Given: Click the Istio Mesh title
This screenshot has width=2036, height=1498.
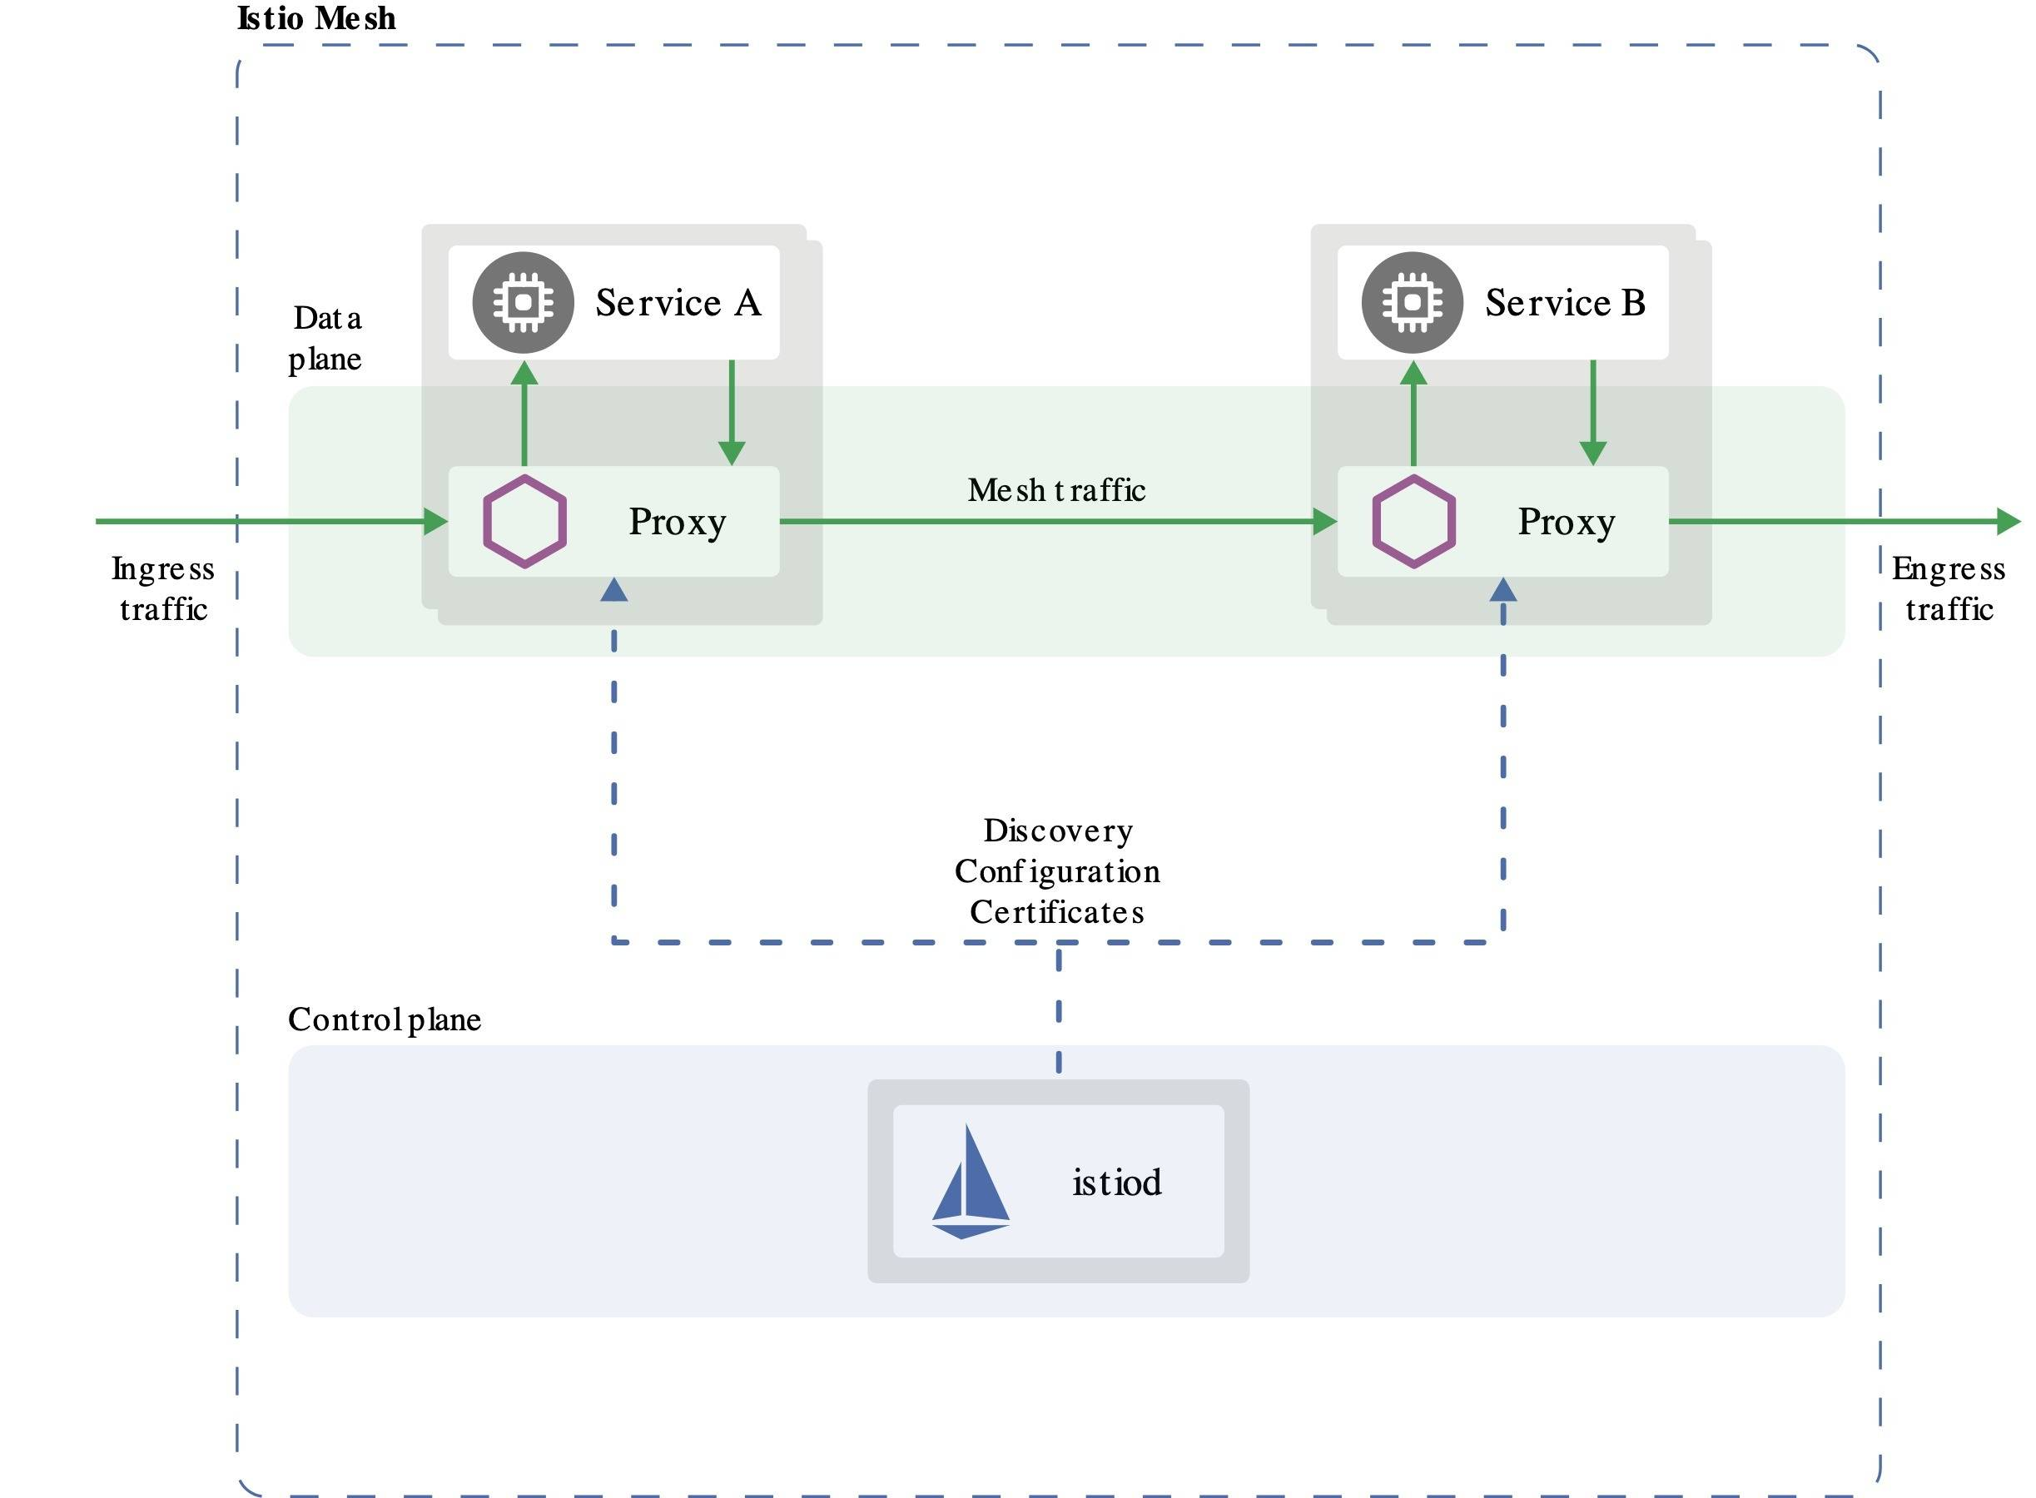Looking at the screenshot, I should coord(315,18).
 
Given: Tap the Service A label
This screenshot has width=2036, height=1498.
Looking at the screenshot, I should coord(678,303).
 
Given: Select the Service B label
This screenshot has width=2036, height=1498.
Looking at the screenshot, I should coord(1564,303).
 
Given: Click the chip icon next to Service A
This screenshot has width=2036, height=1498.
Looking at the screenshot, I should coord(524,303).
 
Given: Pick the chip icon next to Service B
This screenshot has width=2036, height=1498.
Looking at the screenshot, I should coord(1412,303).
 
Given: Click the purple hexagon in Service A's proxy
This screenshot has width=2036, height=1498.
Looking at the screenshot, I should coord(524,522).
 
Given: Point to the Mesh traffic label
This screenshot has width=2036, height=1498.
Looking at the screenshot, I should coord(1056,490).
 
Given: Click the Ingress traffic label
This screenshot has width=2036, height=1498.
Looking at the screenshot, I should coord(163,588).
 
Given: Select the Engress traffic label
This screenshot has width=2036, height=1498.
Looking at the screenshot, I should coord(1948,588).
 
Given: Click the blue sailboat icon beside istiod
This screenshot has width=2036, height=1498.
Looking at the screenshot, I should coord(971,1183).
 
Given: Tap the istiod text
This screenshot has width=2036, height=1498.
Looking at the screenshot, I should coord(1116,1183).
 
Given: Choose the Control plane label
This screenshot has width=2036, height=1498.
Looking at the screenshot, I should coord(384,1019).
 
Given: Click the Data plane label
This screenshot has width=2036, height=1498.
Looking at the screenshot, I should coord(325,338).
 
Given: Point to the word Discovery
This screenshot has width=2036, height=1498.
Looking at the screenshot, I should coord(1057,831).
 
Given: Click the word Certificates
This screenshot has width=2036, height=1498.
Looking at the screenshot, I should coord(1056,912).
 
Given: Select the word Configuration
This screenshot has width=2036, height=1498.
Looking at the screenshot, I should coord(1056,871).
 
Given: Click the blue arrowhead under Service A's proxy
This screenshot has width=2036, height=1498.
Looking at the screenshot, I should coord(614,590).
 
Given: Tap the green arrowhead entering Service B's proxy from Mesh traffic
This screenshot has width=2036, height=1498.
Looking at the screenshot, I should coord(1325,522).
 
